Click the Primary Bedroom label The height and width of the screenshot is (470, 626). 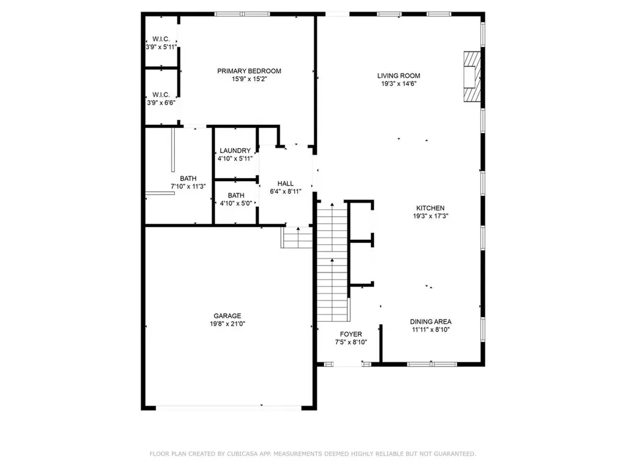[249, 71]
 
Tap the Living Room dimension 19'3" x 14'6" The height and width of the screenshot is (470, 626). [398, 84]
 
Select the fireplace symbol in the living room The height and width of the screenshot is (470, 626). [471, 76]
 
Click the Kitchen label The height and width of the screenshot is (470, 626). [430, 208]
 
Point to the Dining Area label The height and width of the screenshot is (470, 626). [430, 321]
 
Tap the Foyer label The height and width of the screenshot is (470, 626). [351, 334]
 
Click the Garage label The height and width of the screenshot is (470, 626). [227, 316]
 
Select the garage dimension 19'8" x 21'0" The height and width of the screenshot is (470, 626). [227, 324]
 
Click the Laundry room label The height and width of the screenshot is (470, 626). [235, 151]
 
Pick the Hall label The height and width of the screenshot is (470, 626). [285, 183]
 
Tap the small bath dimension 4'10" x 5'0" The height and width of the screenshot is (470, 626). [235, 204]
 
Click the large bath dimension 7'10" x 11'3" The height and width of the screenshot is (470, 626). [188, 187]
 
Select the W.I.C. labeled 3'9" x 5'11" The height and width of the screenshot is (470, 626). [161, 47]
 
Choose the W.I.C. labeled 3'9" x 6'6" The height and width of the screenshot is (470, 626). [161, 103]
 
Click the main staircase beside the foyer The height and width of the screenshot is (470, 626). [332, 263]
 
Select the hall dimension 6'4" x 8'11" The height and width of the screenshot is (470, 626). [285, 191]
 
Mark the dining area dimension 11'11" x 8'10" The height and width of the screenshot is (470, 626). [430, 329]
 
